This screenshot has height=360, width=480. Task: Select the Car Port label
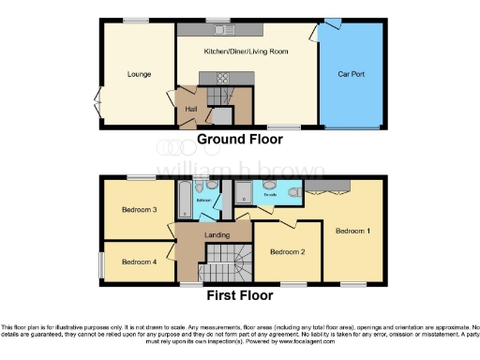[351, 72]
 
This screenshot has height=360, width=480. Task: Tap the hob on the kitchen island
[225, 78]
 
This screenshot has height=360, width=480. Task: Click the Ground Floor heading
[239, 141]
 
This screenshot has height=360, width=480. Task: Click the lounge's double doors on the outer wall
[97, 99]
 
